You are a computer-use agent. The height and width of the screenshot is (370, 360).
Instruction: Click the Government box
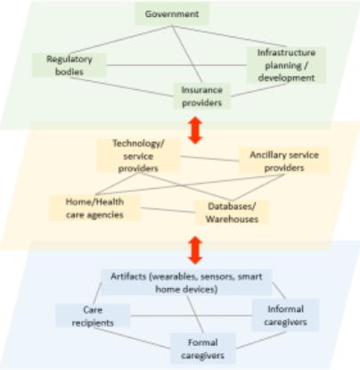(172, 14)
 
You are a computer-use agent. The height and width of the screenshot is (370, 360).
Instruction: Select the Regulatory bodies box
(70, 65)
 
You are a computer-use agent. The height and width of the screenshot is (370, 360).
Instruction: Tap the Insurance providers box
(202, 96)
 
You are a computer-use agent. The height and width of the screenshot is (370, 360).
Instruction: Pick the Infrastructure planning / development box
(286, 65)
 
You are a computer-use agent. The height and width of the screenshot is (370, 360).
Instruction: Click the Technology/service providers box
(138, 156)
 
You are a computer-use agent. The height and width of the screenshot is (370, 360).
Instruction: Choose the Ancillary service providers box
(284, 160)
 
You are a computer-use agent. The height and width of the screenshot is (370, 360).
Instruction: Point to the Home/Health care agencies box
(94, 208)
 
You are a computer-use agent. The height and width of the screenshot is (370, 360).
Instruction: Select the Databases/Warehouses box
(232, 212)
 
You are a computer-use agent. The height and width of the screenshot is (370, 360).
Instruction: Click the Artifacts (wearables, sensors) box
(186, 283)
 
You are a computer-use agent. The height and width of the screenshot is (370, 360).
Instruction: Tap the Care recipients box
(93, 316)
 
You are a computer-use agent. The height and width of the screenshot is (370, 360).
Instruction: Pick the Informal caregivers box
(285, 315)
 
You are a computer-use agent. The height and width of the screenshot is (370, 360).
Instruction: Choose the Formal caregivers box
(202, 349)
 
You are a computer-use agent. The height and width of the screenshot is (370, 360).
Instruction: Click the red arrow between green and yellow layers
(195, 130)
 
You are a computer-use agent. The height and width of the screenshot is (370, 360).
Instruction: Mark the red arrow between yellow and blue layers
(195, 251)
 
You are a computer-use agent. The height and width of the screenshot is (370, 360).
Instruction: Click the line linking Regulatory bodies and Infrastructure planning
(176, 65)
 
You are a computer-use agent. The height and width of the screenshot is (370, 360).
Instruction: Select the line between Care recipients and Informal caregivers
(191, 316)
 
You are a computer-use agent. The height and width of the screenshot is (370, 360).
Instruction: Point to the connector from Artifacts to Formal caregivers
(195, 314)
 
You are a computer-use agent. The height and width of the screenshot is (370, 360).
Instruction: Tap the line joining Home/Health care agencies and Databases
(168, 210)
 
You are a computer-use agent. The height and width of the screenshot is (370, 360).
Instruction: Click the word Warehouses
(232, 219)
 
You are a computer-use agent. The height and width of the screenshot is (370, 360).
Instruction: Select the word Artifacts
(129, 276)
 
